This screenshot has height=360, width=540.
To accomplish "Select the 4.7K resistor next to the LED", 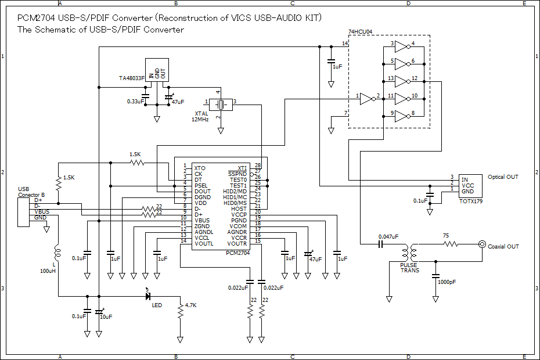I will [181, 312].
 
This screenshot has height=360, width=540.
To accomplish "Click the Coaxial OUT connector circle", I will [482, 244].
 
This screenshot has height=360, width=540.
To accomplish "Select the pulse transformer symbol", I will [413, 253].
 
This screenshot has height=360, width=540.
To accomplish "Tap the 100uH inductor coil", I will [58, 253].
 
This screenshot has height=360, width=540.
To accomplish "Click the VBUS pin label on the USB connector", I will [42, 211].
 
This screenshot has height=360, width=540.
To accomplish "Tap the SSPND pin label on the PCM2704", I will [237, 174].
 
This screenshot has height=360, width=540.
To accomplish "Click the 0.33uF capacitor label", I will [135, 102].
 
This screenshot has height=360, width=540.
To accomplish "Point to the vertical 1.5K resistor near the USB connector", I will [58, 183].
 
